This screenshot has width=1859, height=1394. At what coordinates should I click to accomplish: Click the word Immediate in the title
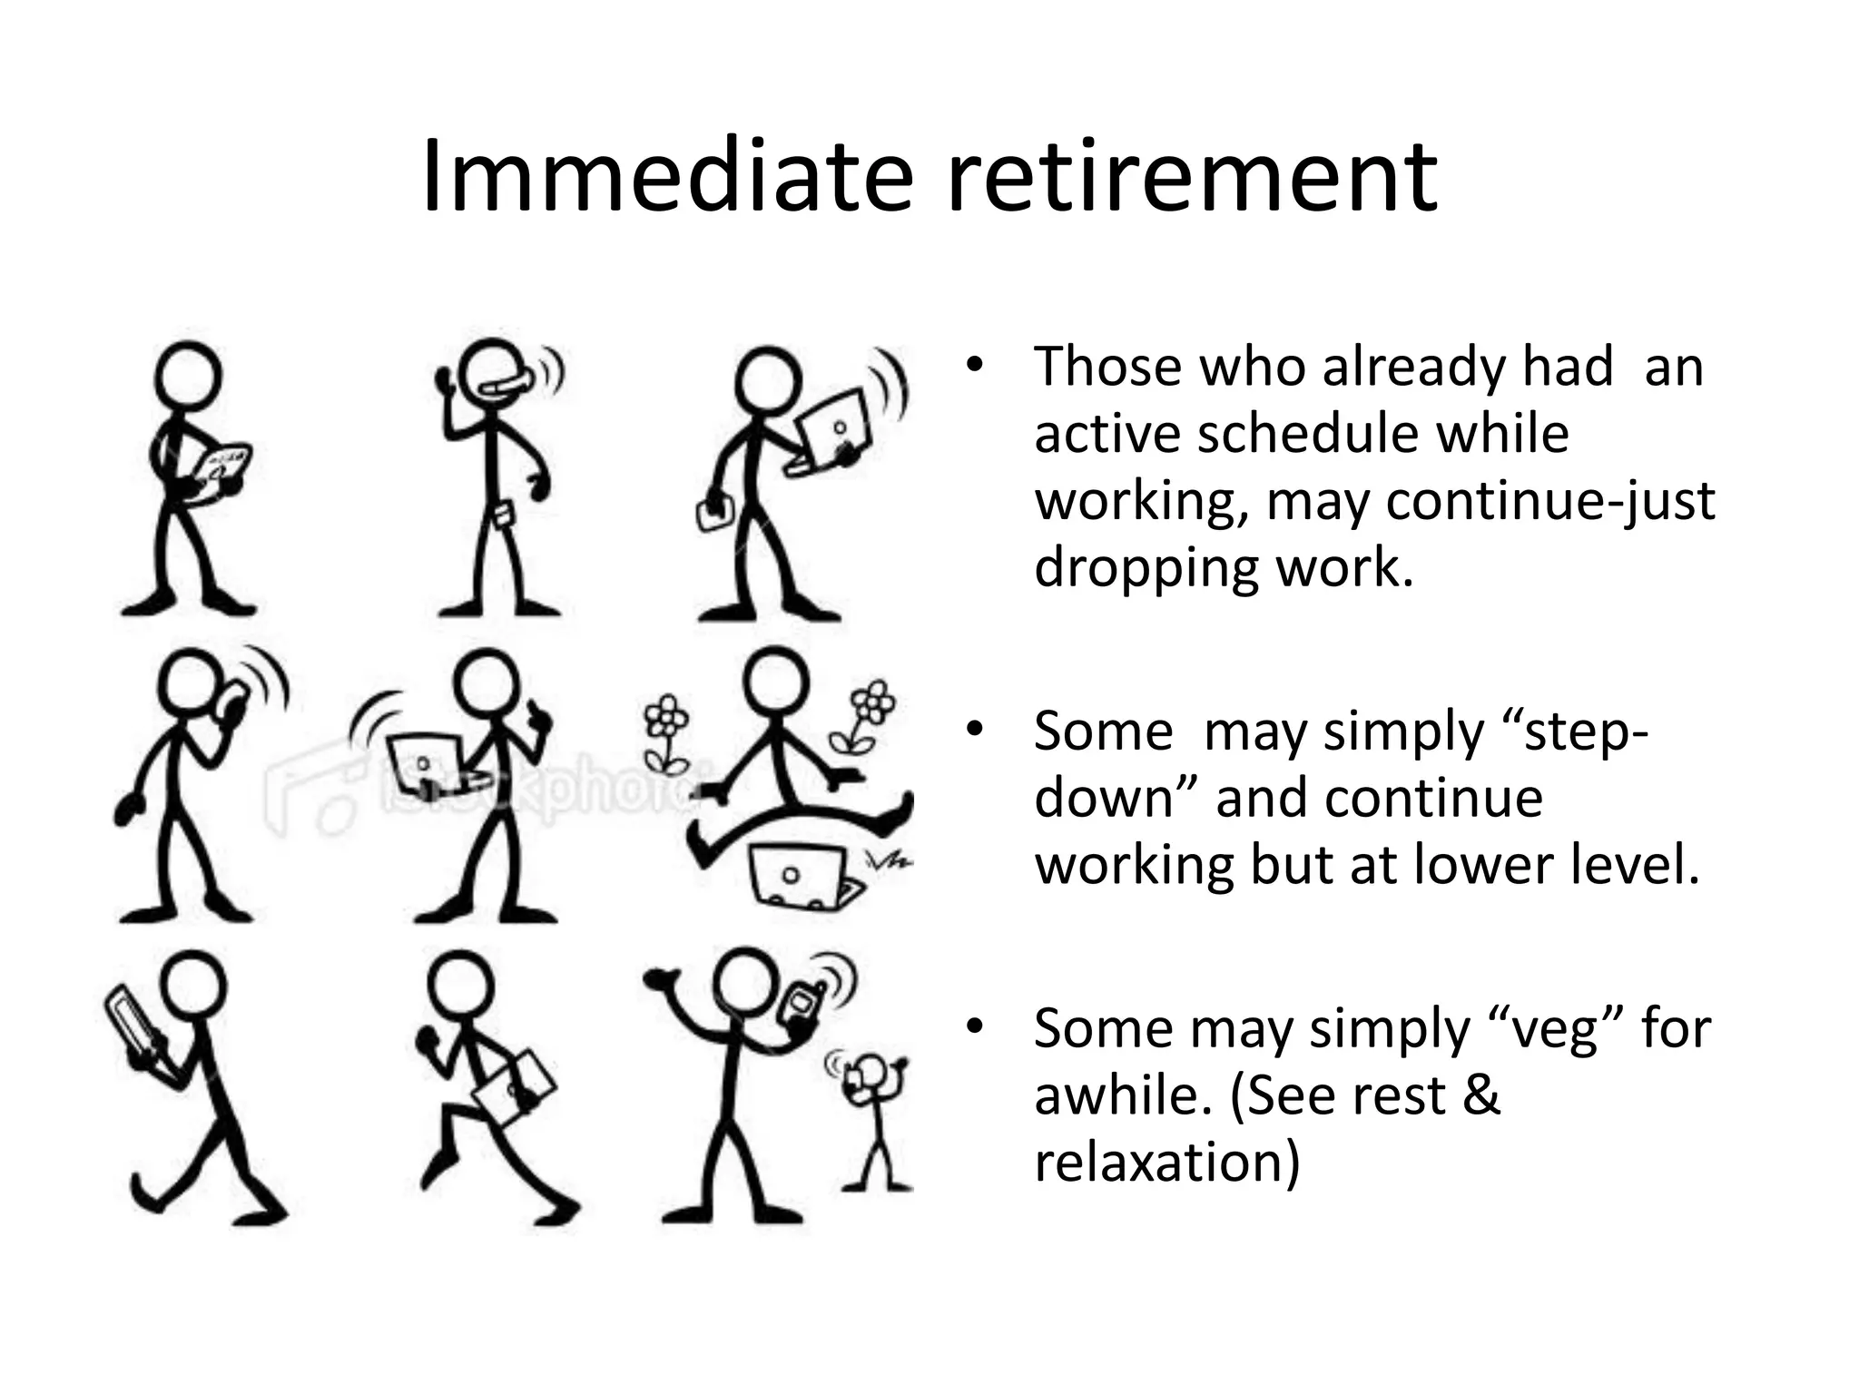tap(667, 177)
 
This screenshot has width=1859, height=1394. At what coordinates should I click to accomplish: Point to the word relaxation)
tap(1167, 1162)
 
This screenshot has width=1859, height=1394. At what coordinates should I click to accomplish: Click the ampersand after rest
tap(1480, 1095)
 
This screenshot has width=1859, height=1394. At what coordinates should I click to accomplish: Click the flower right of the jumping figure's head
tap(870, 712)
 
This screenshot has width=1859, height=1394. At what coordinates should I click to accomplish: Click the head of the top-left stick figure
tap(188, 375)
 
